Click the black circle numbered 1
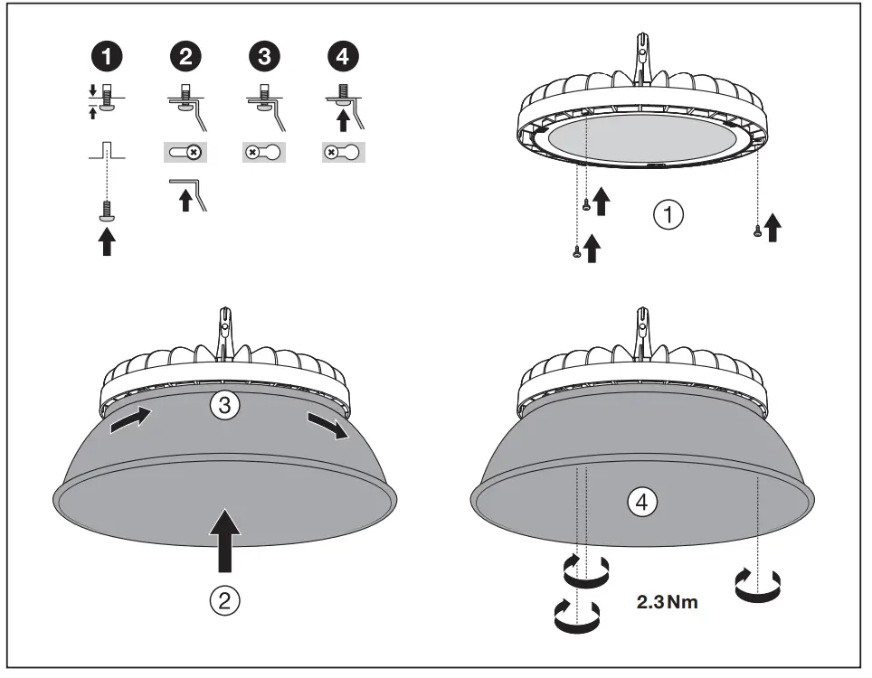click(108, 57)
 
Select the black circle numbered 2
click(185, 57)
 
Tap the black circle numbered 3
click(263, 57)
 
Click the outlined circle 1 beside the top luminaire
click(668, 215)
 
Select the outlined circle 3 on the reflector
click(224, 406)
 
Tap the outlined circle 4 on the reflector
click(642, 504)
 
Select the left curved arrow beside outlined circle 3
click(131, 419)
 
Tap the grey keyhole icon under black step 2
click(185, 153)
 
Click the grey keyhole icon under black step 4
click(344, 153)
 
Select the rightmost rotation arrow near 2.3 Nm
click(759, 585)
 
